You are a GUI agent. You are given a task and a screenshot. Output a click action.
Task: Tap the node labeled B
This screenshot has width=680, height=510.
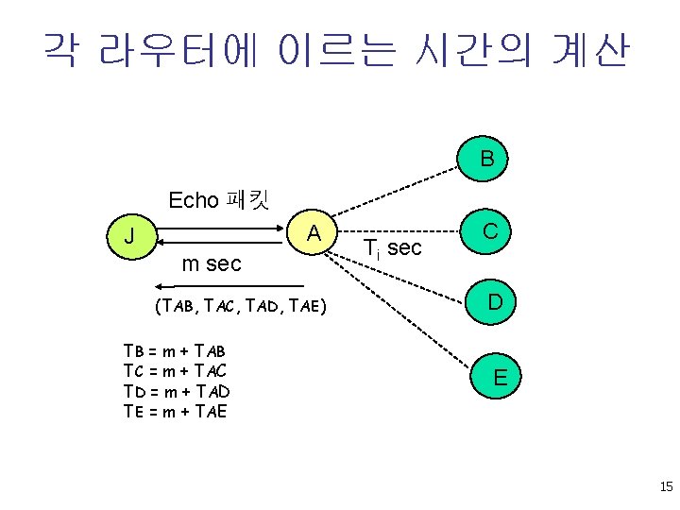click(485, 158)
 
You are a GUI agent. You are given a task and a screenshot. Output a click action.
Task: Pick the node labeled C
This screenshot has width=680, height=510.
click(490, 231)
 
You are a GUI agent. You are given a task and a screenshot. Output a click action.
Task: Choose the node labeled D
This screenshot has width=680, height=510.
click(495, 302)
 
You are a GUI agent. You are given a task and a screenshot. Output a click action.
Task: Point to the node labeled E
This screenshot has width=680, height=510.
click(500, 377)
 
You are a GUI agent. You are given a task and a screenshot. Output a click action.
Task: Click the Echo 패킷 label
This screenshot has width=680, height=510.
click(218, 200)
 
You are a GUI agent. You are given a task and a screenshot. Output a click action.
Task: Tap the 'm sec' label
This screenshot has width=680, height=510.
click(212, 263)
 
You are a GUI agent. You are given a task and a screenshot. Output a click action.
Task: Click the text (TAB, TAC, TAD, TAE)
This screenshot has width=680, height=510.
click(239, 305)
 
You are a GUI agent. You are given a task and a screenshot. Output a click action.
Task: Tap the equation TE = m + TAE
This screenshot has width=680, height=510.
click(175, 411)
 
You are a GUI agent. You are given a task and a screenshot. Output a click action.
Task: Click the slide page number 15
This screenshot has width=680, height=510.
click(666, 487)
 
